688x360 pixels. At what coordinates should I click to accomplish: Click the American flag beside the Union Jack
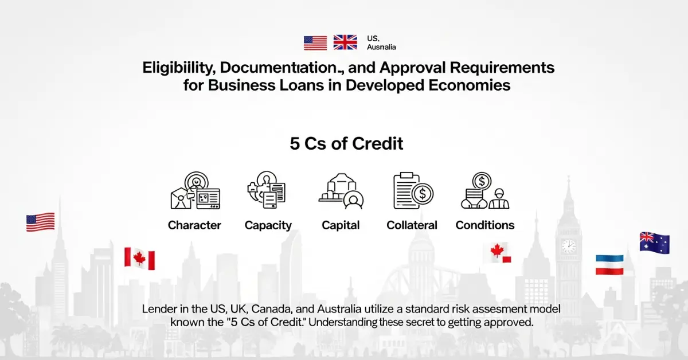click(315, 43)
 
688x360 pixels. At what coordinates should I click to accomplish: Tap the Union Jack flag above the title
click(345, 42)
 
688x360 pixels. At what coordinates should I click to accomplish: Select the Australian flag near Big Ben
click(654, 242)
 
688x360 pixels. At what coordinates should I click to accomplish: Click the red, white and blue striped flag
click(609, 264)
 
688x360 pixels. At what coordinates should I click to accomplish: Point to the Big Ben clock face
click(568, 246)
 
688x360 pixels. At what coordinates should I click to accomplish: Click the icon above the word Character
click(195, 192)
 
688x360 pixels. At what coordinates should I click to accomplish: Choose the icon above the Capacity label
click(267, 191)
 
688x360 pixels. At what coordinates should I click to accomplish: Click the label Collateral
click(412, 225)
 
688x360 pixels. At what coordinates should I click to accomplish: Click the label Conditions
click(485, 225)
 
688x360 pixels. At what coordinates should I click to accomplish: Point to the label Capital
click(341, 225)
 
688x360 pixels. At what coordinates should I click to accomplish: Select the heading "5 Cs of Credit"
click(346, 143)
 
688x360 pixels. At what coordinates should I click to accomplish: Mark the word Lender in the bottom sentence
click(157, 309)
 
